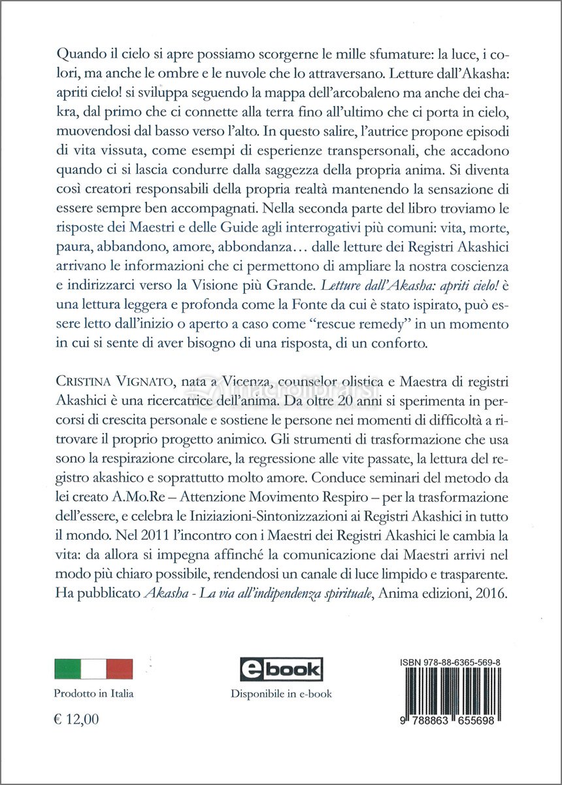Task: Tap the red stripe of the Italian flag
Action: point(120,669)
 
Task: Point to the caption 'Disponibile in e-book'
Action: point(280,693)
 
